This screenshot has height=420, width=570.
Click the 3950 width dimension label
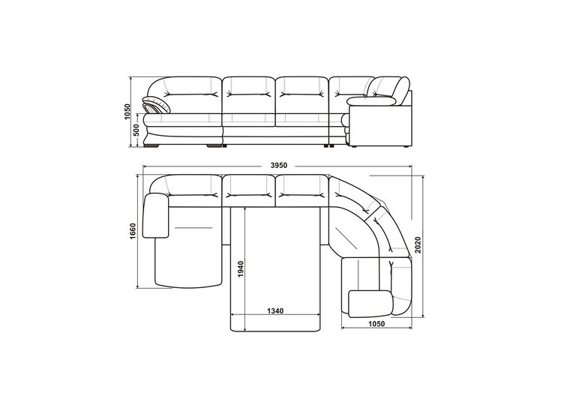point(279,166)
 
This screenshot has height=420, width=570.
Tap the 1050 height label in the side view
point(127,112)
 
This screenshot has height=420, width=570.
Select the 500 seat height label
point(136,130)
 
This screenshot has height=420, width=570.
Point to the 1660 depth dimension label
point(133,231)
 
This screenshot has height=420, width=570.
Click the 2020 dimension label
point(418,244)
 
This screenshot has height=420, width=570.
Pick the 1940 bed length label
point(241,269)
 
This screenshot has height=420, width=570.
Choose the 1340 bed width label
point(275,311)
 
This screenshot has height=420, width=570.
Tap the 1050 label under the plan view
point(376,324)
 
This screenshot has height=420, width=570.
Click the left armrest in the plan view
point(156,215)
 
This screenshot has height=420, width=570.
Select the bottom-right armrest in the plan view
point(370,303)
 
